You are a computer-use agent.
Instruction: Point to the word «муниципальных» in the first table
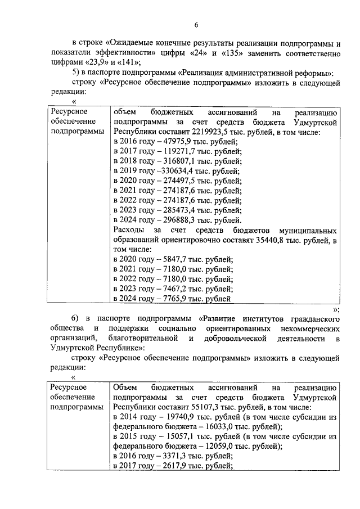point(309,231)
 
